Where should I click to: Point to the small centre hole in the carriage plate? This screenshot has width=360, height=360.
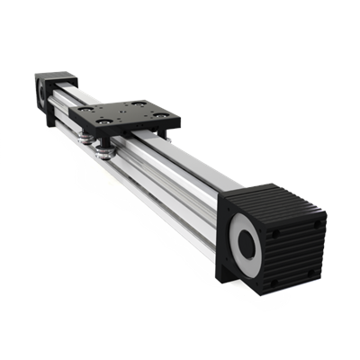click(x=127, y=113)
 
